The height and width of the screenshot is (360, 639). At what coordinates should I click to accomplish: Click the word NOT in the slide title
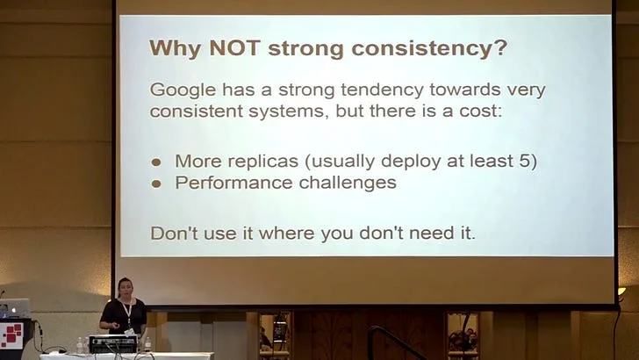point(234,47)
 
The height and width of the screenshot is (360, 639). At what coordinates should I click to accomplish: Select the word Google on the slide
point(183,90)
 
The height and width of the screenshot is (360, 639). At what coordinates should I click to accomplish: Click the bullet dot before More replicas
point(156,162)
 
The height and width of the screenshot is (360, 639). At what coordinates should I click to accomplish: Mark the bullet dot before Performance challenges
point(156,184)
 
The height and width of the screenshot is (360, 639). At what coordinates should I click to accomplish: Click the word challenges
point(348,183)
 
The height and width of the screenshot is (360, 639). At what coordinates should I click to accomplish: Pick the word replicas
point(262,162)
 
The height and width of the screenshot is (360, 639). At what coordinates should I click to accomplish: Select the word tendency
point(383,90)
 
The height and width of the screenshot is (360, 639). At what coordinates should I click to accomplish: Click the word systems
point(288,112)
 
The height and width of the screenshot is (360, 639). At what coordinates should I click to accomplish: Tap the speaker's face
point(125,289)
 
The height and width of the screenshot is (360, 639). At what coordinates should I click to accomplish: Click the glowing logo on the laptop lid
point(14,310)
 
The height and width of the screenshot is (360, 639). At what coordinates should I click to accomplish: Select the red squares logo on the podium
point(11,335)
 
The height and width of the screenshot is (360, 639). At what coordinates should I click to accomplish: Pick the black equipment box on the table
point(113,343)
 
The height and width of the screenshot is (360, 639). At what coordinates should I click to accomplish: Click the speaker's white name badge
point(130,331)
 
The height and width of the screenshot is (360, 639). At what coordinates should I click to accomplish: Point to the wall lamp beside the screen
point(621,292)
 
